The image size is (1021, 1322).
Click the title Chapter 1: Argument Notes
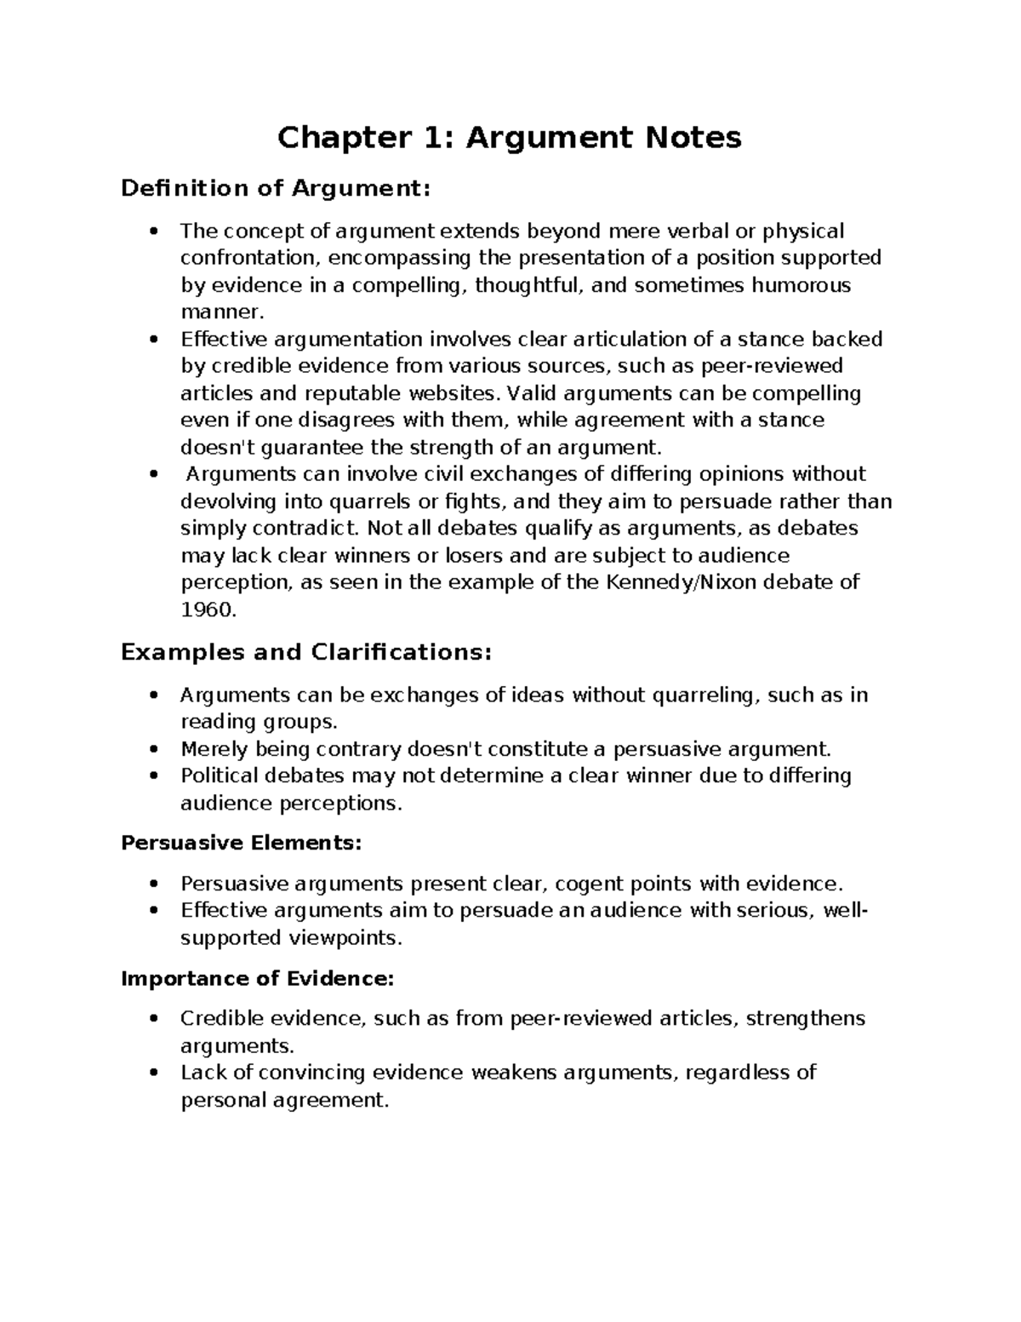tap(509, 137)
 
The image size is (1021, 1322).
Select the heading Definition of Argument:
tap(276, 188)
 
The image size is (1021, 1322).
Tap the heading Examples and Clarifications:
tap(306, 652)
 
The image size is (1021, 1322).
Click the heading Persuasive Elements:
tap(242, 843)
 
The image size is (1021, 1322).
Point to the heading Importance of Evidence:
tap(258, 978)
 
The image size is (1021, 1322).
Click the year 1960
tap(207, 609)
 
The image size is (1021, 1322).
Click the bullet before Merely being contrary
tap(153, 749)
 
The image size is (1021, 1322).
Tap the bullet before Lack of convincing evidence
tap(153, 1073)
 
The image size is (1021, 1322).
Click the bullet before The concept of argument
tap(153, 232)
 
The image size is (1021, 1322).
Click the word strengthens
tap(805, 1018)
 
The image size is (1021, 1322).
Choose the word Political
tap(220, 775)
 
